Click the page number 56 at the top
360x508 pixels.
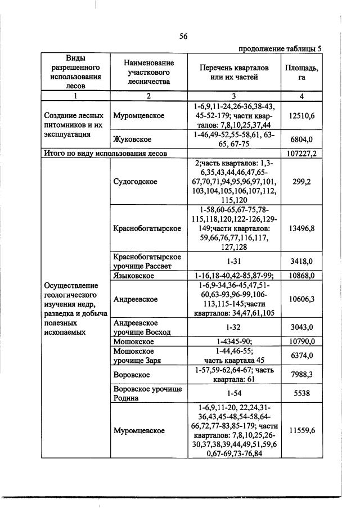coord(183,37)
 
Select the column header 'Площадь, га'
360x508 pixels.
coord(301,72)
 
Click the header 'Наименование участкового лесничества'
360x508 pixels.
coord(148,72)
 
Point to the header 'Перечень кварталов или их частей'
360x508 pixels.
coord(235,72)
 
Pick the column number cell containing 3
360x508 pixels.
coord(235,96)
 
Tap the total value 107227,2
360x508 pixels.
coord(301,153)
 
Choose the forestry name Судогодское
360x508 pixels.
coord(135,182)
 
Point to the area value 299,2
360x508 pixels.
coord(301,182)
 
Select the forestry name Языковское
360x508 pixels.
coord(135,275)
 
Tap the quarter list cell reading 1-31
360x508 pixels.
coord(235,262)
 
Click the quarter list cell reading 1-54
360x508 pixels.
coord(235,393)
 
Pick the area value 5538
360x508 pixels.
coord(301,393)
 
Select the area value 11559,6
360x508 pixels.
coord(301,430)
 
